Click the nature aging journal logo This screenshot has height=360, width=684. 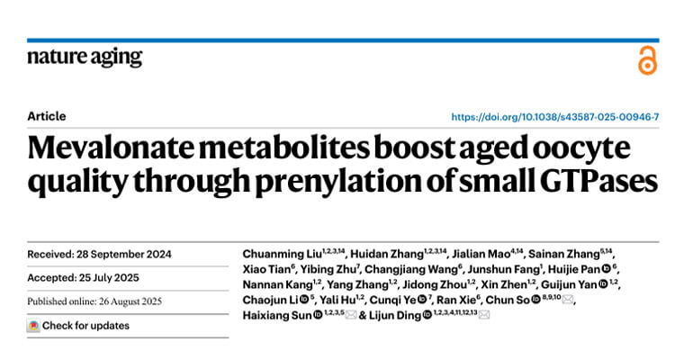85,58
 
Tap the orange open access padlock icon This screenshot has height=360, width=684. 647,59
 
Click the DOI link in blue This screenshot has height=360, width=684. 554,117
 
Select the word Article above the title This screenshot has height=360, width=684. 47,117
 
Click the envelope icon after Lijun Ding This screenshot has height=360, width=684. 484,315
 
